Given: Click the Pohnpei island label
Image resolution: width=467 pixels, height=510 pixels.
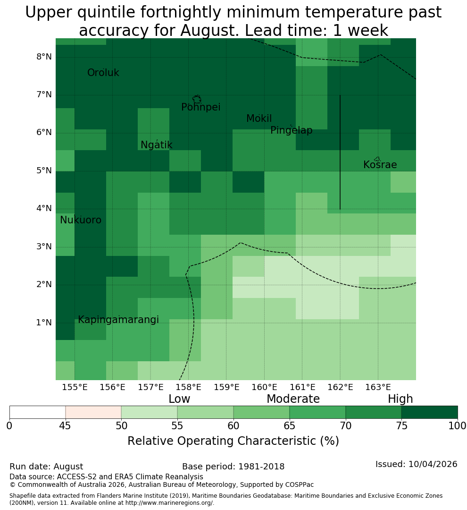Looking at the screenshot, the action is point(200,107).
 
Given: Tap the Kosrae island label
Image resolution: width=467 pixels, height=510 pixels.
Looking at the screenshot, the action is point(380,165).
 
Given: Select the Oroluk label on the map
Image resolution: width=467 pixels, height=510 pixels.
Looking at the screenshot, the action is point(103,72).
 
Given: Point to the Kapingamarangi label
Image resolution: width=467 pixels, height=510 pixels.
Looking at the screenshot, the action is point(118,320).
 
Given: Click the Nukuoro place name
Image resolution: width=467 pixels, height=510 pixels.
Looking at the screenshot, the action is point(81,220).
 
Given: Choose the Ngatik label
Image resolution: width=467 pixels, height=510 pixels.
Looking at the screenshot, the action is point(156,145).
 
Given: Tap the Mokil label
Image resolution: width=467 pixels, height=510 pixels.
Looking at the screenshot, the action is point(259,119).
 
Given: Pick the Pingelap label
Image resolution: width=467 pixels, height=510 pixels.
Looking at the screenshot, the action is point(291,130).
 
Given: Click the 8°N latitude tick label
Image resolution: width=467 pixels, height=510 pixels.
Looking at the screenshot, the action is point(44,57).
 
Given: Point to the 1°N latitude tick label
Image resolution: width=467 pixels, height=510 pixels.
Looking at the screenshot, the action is point(44,323).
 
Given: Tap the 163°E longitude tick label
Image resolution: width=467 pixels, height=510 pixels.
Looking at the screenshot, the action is point(378,387).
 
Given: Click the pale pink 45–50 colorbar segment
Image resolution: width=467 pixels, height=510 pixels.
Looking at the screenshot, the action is point(93,412).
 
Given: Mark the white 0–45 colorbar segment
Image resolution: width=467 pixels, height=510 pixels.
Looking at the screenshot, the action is point(37,412).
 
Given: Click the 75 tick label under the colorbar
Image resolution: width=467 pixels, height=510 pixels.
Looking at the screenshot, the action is point(402,426).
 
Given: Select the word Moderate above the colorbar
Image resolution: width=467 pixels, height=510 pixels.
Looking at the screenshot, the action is point(293,399).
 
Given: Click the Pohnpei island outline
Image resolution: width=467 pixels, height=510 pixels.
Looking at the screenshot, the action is point(197,99).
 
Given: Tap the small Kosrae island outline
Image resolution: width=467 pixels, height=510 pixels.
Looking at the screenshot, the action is point(377,159).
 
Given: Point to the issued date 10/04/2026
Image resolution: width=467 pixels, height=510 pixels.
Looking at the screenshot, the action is point(433,464).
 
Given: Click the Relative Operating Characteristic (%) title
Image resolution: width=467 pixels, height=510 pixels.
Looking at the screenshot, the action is point(233,441).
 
